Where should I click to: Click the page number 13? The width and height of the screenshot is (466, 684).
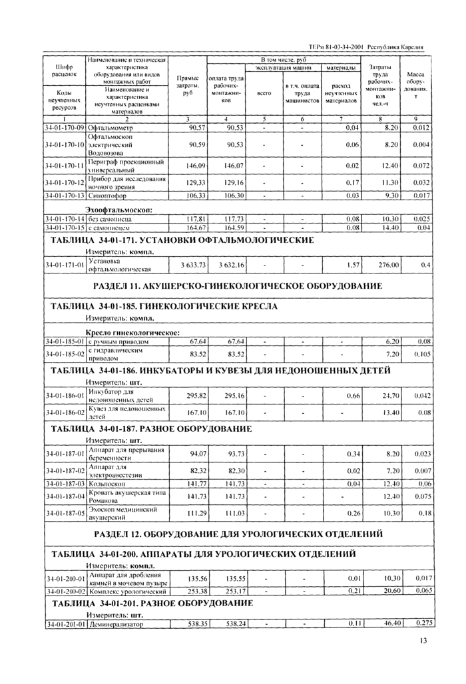[x=423, y=641]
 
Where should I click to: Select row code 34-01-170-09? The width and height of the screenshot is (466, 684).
[x=65, y=126]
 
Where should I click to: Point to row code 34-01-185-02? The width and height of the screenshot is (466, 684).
[x=65, y=354]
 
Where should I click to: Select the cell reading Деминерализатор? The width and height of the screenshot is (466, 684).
[x=117, y=623]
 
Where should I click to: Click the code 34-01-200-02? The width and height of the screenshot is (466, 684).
[x=65, y=590]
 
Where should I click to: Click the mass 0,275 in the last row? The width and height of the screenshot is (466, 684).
[x=423, y=623]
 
